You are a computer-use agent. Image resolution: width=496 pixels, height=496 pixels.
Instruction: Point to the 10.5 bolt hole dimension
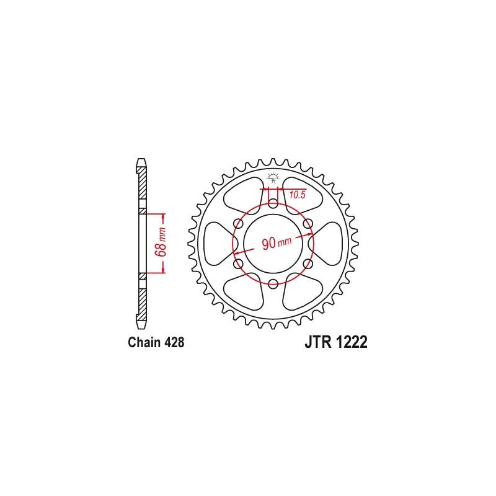pyautogui.click(x=298, y=195)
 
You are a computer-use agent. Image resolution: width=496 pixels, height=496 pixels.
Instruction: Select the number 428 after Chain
pyautogui.click(x=174, y=342)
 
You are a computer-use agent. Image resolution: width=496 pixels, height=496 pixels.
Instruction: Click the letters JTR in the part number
pyautogui.click(x=317, y=343)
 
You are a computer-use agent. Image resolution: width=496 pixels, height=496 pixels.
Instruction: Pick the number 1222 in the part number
pyautogui.click(x=352, y=343)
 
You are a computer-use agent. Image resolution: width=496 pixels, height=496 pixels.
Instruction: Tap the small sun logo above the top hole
pyautogui.click(x=273, y=175)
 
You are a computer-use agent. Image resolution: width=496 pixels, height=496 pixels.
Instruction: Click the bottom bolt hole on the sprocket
pyautogui.click(x=273, y=284)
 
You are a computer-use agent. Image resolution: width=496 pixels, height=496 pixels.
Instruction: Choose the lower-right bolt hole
pyautogui.click(x=308, y=263)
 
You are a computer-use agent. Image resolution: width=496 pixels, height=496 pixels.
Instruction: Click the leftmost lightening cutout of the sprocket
pyautogui.click(x=218, y=244)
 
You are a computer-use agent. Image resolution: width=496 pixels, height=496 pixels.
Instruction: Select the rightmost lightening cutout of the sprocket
pyautogui.click(x=329, y=244)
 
